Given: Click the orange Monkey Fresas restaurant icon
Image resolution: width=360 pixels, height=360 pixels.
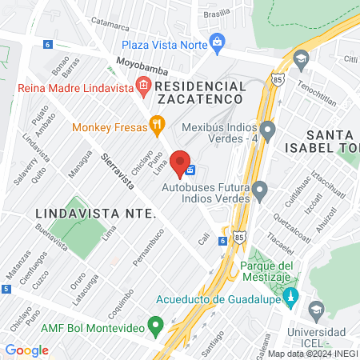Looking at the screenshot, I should coord(157,125).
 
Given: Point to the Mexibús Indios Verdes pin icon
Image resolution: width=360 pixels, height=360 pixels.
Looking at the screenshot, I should coord(267,129).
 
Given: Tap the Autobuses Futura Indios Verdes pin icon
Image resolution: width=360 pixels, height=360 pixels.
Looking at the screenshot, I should coord(259,190).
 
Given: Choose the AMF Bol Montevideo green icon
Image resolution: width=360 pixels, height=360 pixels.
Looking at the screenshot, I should coord(157,326).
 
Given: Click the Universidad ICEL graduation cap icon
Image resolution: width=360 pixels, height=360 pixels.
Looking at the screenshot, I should coord(318,309).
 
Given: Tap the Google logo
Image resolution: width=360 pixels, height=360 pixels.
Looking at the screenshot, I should coord(27,350).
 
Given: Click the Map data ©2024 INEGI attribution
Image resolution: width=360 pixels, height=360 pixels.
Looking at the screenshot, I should coord(312,353).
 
